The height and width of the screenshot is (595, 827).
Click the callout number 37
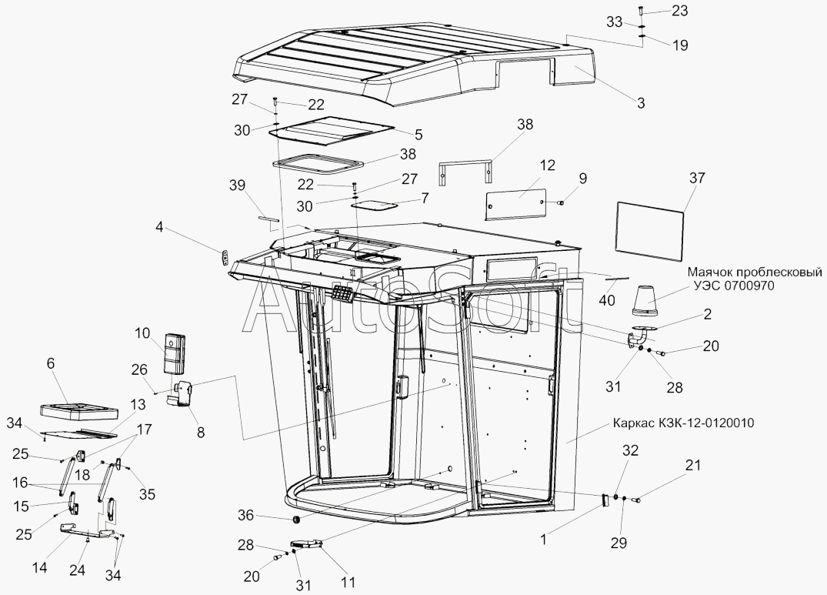pyautogui.click(x=696, y=178)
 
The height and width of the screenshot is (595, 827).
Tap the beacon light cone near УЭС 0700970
pyautogui.click(x=647, y=300)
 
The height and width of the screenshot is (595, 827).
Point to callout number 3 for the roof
pyautogui.click(x=640, y=102)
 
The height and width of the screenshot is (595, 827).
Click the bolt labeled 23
pyautogui.click(x=640, y=12)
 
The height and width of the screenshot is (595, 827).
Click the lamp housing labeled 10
pyautogui.click(x=175, y=350)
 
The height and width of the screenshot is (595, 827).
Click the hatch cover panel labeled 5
pyautogui.click(x=332, y=131)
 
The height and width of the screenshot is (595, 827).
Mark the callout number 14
pyautogui.click(x=40, y=568)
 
